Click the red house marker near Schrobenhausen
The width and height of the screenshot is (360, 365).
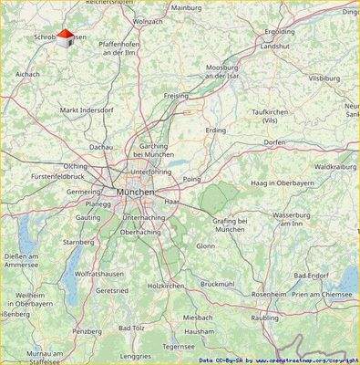[x=65, y=36]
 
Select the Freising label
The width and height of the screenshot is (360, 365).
[x=176, y=95]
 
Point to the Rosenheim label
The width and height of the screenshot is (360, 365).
[x=268, y=294]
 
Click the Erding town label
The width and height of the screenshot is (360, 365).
[x=215, y=130]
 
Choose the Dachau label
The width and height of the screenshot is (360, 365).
[x=101, y=146]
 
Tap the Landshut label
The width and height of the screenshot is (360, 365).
[x=274, y=46]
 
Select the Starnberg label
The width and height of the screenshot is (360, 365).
[x=78, y=242]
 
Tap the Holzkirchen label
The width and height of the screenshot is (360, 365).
[x=166, y=286]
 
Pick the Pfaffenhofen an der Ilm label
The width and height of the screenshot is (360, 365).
[x=123, y=47]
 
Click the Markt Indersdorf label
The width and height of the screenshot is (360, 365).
[x=87, y=110]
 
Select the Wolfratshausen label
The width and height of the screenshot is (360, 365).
[x=98, y=273]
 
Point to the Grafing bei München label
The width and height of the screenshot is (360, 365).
[x=230, y=224]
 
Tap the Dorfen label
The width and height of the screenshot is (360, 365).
[x=274, y=142]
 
